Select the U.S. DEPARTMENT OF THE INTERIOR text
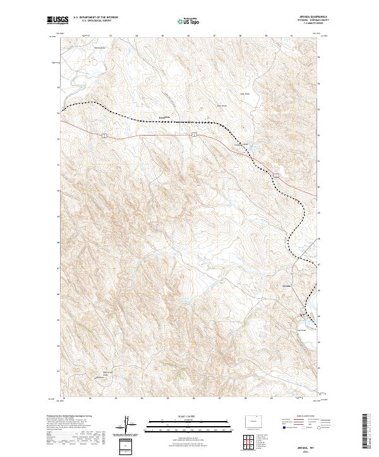(96, 18)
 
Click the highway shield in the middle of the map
(195, 134)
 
